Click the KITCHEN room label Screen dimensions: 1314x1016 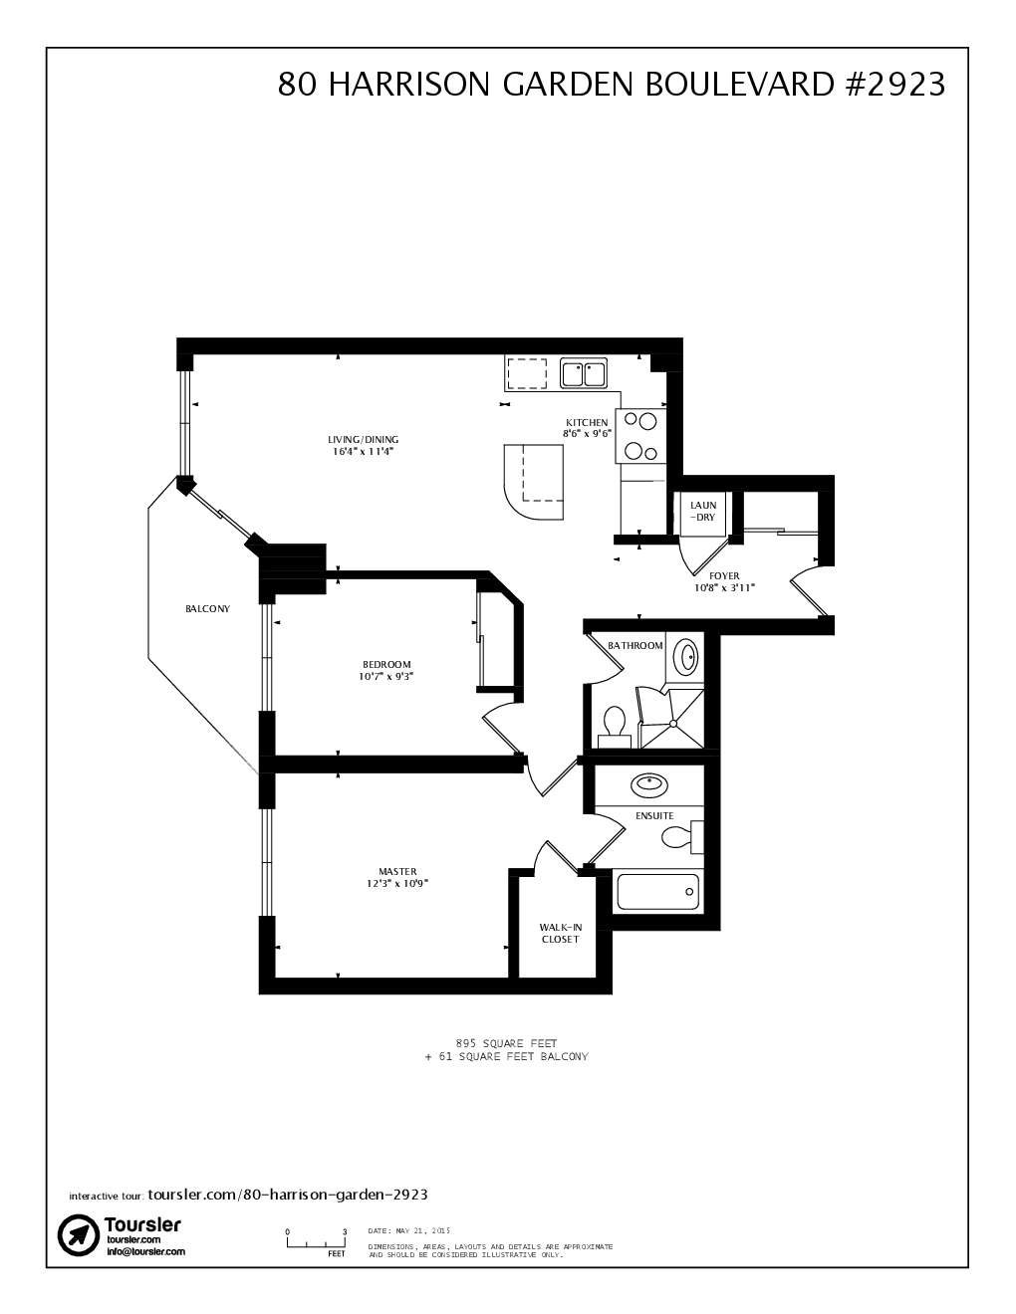click(587, 422)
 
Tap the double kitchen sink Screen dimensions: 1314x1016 click(584, 374)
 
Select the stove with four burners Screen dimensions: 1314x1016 click(640, 437)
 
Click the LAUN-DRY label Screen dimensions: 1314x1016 click(703, 512)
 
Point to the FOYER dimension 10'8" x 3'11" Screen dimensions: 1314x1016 click(724, 588)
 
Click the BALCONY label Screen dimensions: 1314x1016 click(207, 609)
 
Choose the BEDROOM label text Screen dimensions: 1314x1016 click(385, 664)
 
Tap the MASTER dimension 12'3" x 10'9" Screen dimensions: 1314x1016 click(396, 883)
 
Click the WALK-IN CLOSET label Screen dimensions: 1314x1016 click(560, 933)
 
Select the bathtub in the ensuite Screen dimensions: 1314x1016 click(656, 891)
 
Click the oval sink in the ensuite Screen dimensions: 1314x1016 click(649, 784)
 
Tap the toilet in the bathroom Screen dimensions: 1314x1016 click(614, 725)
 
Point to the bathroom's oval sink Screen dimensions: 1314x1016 click(687, 657)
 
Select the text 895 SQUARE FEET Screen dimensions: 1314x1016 click(506, 1043)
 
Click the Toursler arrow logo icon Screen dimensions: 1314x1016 click(77, 1235)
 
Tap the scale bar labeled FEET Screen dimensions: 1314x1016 click(316, 1242)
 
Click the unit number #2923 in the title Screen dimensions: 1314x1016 click(893, 85)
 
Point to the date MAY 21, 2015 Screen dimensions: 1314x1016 click(409, 1230)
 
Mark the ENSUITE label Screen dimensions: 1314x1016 click(654, 816)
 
